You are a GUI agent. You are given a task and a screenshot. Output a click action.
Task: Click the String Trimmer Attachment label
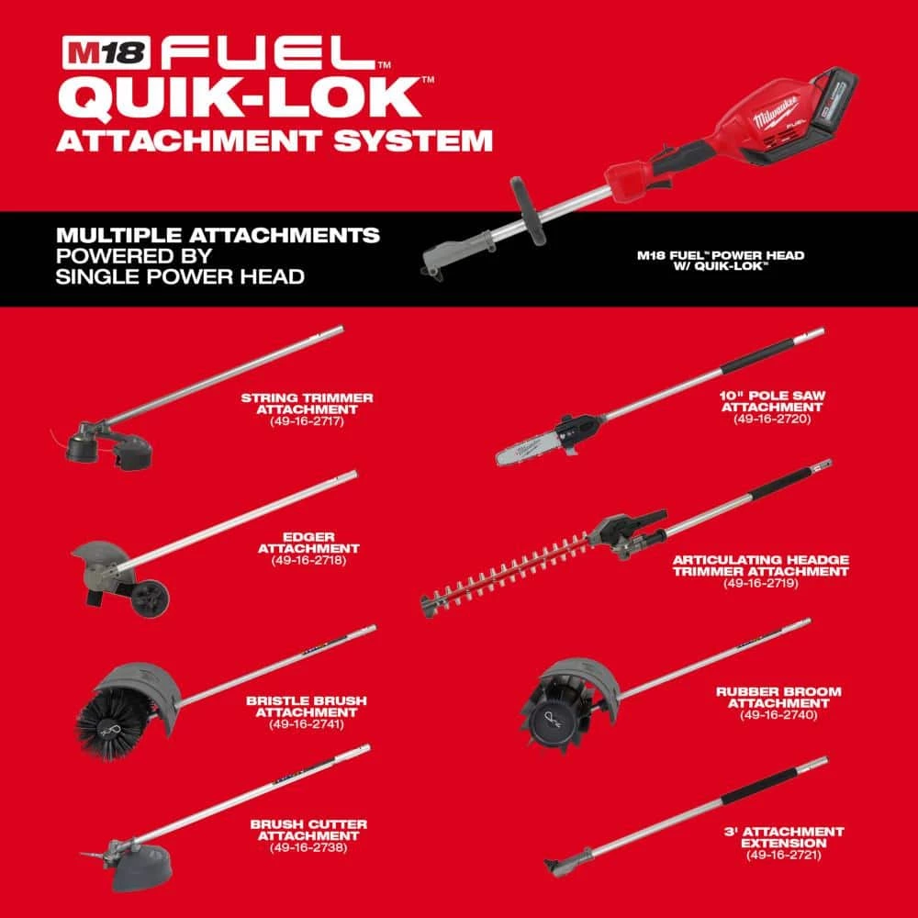pos(308,403)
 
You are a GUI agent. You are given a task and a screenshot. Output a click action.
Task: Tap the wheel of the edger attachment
pos(149,597)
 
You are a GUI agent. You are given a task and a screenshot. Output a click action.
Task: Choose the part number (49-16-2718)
pos(308,560)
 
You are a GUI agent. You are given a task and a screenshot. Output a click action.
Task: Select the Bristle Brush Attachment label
pos(307,705)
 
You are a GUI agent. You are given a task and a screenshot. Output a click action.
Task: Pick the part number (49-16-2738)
pos(308,847)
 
